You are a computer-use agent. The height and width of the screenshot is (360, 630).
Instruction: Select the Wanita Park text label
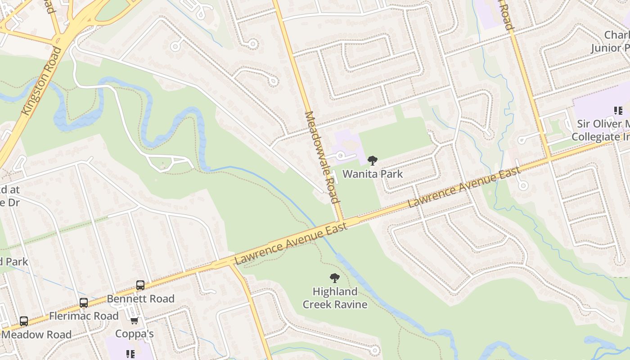coord(373,174)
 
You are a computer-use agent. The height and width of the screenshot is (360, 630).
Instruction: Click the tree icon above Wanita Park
coord(373,160)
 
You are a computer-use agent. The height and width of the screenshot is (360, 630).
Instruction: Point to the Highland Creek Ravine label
coord(335,298)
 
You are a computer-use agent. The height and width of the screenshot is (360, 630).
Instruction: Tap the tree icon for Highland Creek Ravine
coord(334,278)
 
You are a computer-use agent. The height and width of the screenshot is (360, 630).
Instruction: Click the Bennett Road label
coord(140,299)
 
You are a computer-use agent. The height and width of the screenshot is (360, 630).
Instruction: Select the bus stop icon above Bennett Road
coord(140,285)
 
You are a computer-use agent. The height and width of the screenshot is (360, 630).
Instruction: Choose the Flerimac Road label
coord(84,316)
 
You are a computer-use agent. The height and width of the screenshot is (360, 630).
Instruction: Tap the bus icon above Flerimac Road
coord(84,302)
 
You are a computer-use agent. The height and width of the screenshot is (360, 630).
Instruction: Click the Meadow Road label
coord(36,334)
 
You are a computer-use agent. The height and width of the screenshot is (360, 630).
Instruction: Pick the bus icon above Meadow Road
coord(24,321)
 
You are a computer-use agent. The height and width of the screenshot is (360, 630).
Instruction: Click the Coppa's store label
coord(135,333)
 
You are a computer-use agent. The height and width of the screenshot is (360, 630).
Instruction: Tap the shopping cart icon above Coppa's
coord(134,321)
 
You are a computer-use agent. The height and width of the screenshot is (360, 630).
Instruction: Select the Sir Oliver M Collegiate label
coord(600,130)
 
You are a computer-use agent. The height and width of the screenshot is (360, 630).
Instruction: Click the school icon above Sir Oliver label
coord(618,111)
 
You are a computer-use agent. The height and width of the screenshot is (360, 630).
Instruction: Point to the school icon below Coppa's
coord(130,354)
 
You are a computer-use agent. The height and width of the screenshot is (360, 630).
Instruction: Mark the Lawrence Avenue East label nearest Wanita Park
coord(463,187)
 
